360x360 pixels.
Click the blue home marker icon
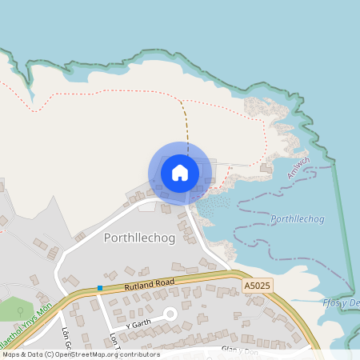(180, 173)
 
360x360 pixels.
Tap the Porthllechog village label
(134, 238)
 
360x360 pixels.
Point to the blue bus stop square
(100, 287)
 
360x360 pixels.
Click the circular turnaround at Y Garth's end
(170, 314)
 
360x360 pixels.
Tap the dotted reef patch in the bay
(211, 207)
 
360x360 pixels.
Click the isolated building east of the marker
(265, 169)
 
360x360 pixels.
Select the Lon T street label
(114, 341)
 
